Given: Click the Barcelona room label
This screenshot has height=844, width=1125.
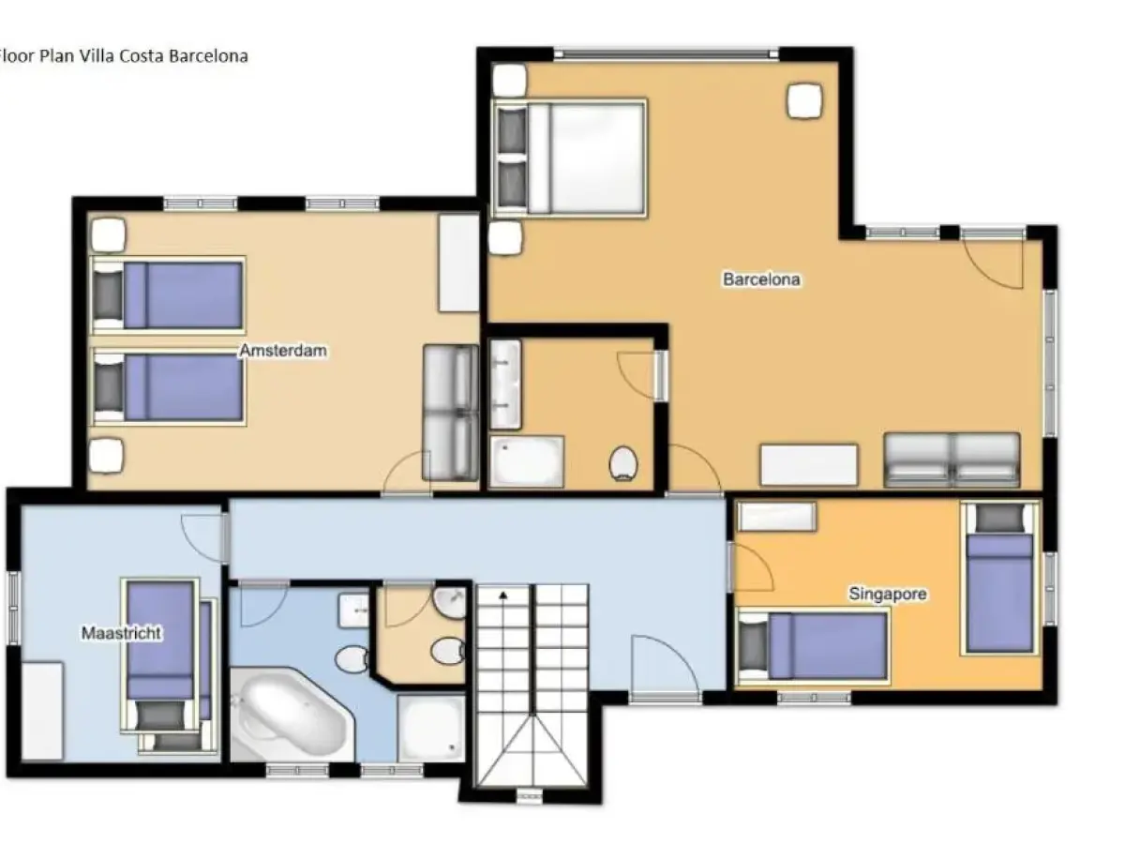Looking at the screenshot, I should pyautogui.click(x=761, y=279).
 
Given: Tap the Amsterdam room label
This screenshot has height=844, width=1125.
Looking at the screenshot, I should pyautogui.click(x=282, y=351).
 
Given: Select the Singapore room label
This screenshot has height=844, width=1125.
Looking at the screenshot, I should pyautogui.click(x=887, y=594).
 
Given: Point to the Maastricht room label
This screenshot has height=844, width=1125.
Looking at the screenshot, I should pyautogui.click(x=121, y=633).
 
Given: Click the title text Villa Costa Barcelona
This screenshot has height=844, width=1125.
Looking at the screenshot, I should pyautogui.click(x=123, y=55).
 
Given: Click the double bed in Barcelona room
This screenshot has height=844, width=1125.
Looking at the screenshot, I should pyautogui.click(x=570, y=156).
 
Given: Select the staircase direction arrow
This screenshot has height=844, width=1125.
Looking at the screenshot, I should pyautogui.click(x=503, y=595).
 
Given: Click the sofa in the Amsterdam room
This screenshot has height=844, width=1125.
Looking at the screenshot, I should pyautogui.click(x=450, y=412).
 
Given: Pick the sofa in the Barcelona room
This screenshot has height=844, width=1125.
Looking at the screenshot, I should pyautogui.click(x=952, y=460).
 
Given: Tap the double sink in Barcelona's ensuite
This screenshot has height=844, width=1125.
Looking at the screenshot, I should pyautogui.click(x=504, y=384).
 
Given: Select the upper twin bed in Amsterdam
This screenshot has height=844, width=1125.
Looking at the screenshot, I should pyautogui.click(x=169, y=294).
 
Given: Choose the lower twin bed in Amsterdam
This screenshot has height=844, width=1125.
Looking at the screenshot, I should pyautogui.click(x=169, y=386).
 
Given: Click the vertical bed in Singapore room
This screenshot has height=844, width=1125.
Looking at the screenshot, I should pyautogui.click(x=1000, y=579).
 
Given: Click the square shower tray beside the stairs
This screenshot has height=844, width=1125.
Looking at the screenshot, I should pyautogui.click(x=430, y=726).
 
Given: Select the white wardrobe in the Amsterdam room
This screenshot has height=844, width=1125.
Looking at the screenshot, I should pyautogui.click(x=458, y=263).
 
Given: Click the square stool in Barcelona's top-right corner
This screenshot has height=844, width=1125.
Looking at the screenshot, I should pyautogui.click(x=804, y=100).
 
